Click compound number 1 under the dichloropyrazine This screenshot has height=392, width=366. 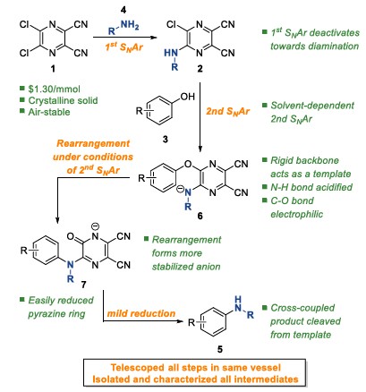[x=53, y=69]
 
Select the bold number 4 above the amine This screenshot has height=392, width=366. [x=123, y=10]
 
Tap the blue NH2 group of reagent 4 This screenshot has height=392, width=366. [x=130, y=25]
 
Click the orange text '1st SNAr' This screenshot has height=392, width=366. [x=124, y=47]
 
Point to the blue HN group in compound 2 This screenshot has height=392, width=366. [x=171, y=53]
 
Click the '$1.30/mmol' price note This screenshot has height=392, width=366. [x=55, y=89]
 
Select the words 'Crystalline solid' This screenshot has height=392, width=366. [x=63, y=100]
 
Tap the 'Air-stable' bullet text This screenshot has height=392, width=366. [x=49, y=112]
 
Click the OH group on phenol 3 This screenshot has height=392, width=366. [x=187, y=97]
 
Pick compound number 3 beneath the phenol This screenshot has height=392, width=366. [x=165, y=139]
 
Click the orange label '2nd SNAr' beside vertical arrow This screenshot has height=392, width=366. [x=228, y=111]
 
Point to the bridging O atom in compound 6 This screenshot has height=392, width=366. [x=188, y=164]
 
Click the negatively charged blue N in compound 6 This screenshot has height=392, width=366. [x=186, y=192]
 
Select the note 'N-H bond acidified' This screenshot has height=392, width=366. [x=311, y=187]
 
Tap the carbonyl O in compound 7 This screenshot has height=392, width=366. [x=71, y=236]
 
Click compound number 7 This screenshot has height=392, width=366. [x=83, y=284]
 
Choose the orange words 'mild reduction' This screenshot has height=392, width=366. [x=141, y=313]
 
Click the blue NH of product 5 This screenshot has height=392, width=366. [x=238, y=304]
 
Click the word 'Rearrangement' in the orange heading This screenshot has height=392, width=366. [x=93, y=143]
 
